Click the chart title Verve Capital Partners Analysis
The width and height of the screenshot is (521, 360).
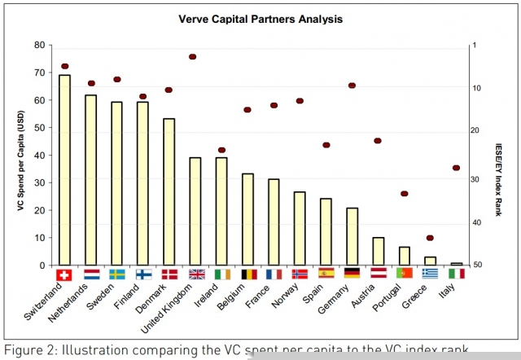(260, 18)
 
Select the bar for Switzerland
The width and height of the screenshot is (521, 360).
(65, 169)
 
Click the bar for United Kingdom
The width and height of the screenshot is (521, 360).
(195, 211)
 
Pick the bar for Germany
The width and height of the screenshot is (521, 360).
(352, 236)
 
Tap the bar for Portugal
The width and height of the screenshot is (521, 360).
(404, 256)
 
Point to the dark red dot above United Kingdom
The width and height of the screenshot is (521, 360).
(193, 56)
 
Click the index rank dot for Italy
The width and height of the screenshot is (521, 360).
(456, 168)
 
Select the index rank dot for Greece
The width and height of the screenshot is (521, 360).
(430, 238)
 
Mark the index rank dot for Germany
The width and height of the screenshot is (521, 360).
(352, 85)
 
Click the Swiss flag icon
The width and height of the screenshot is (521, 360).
(65, 274)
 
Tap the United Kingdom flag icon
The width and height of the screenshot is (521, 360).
(196, 274)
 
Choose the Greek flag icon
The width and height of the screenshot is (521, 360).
(431, 274)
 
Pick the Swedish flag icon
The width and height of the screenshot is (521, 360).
(117, 274)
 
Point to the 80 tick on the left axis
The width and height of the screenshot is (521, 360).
(39, 46)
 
